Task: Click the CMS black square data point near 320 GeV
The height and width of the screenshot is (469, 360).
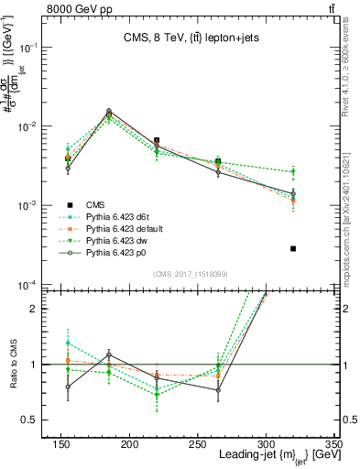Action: tap(293, 248)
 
